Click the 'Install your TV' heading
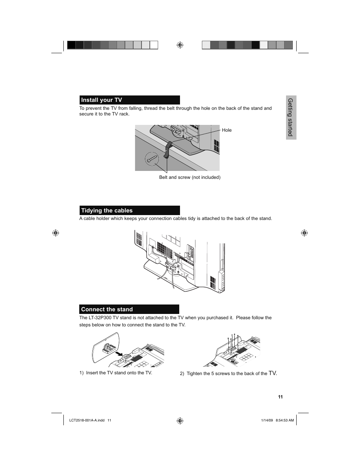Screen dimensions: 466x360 pos(102,100)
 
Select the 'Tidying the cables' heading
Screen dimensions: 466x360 pos(107,211)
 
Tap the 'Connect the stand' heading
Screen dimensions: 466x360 pos(107,309)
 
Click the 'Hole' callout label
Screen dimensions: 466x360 pos(227,130)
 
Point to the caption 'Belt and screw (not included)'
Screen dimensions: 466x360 pos(190,177)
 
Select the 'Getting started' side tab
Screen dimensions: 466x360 pos(291,117)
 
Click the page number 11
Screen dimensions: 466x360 pos(280,397)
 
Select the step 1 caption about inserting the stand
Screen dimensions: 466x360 pos(116,373)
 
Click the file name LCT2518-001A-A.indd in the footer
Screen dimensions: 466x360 pos(87,420)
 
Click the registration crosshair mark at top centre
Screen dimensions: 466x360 pos(180,45)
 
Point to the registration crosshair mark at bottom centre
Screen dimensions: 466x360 pos(180,420)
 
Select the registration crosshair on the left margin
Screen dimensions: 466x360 pos(55,233)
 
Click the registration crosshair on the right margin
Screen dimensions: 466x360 pos(304,233)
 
